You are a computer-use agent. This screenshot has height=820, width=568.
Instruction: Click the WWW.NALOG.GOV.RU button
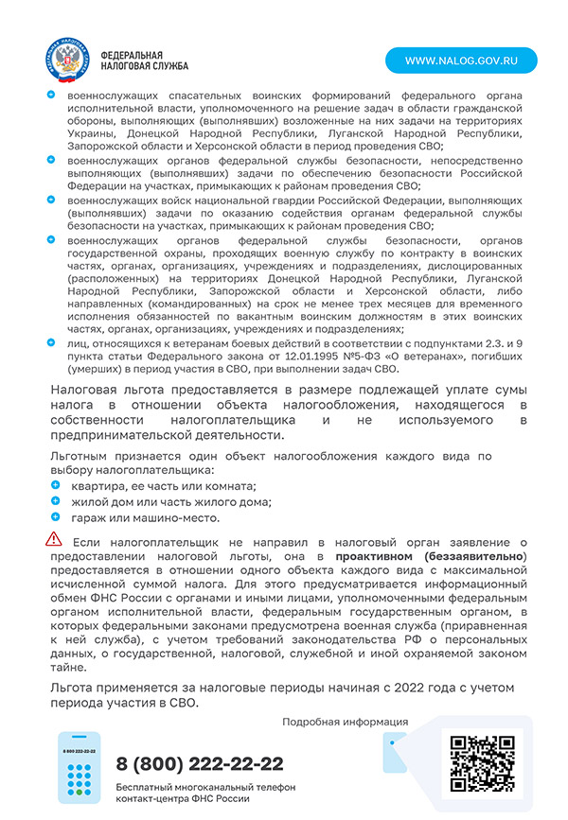460,60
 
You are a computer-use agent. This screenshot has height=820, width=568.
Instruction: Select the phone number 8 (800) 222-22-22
200,763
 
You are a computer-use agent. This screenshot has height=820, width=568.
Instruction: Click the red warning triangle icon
54,539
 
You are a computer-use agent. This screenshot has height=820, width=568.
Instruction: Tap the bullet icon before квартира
55,485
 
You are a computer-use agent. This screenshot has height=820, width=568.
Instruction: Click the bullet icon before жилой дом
55,501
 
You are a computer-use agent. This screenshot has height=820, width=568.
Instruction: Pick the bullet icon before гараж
55,517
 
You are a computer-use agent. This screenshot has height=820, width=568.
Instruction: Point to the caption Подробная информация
345,722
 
